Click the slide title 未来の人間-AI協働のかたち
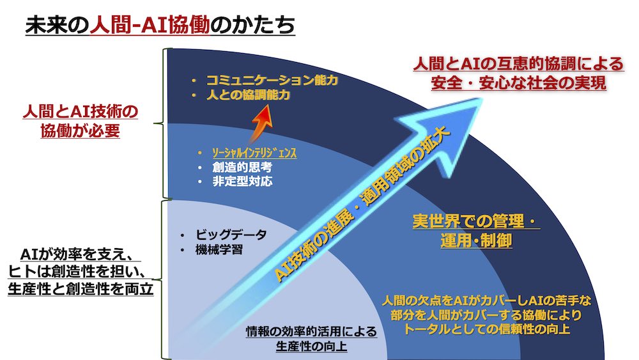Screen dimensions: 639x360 point(160,25)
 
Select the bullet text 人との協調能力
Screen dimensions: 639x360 point(249,95)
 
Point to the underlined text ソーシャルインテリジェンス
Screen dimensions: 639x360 point(254,153)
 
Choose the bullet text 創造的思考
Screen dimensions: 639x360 point(242,167)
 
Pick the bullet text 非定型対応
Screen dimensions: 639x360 point(242,182)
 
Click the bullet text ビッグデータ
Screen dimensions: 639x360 point(231,235)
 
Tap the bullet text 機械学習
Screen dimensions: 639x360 point(219,249)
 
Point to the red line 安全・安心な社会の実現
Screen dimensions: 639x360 point(518,82)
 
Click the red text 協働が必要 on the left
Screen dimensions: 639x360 point(81,130)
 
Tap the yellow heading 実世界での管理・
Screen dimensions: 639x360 point(475,221)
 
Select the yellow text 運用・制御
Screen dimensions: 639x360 point(476,240)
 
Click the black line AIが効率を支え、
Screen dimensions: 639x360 point(77,254)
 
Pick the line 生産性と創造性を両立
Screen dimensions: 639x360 point(81,289)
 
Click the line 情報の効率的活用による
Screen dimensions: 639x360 point(312,331)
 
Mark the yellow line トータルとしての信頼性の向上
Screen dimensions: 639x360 point(486,329)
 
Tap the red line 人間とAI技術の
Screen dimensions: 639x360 point(81,111)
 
